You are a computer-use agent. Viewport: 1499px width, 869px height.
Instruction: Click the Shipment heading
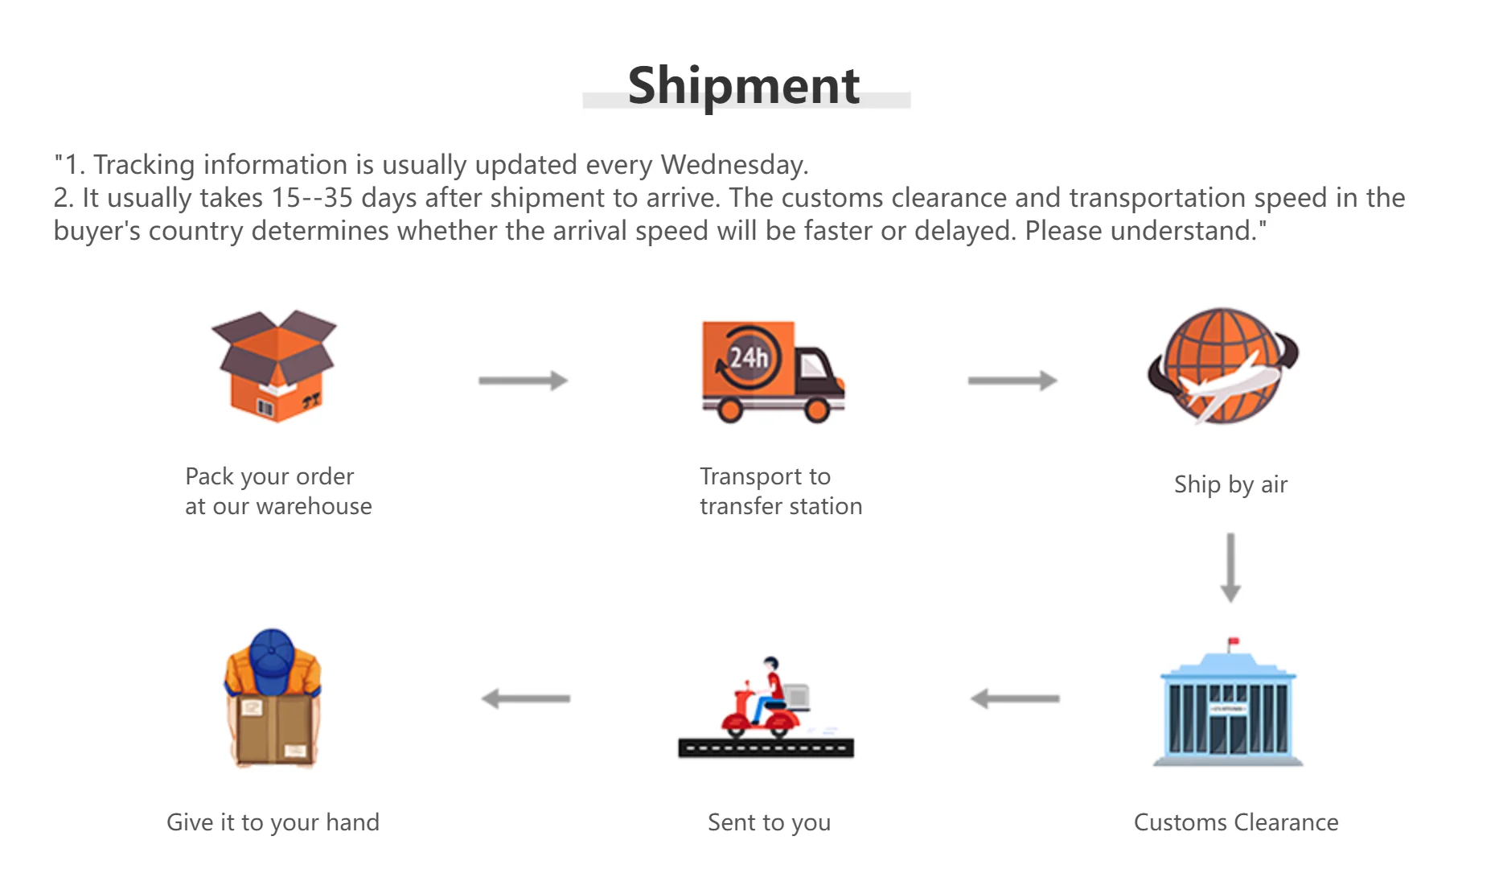click(x=744, y=86)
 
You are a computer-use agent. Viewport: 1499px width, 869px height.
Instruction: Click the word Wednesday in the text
click(x=733, y=165)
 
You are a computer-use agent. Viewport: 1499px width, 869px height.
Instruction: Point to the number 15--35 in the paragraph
click(x=312, y=198)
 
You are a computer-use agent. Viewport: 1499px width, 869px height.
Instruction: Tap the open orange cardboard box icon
click(x=275, y=366)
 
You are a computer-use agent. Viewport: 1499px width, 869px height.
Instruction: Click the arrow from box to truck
click(x=524, y=381)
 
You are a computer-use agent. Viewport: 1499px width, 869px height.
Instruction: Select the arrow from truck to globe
click(x=1012, y=381)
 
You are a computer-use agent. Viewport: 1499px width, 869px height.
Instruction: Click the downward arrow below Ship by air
click(x=1230, y=567)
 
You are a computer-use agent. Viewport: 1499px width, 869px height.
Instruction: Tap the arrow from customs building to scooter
click(x=1015, y=698)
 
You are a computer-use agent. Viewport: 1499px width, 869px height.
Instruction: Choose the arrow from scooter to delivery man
click(x=526, y=698)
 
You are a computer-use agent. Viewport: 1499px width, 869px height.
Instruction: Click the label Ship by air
click(x=1230, y=484)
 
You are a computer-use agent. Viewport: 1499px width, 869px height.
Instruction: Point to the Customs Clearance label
click(x=1236, y=822)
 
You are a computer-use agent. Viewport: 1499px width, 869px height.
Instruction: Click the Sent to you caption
click(x=769, y=822)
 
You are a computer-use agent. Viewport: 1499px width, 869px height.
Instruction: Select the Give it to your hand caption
click(x=273, y=822)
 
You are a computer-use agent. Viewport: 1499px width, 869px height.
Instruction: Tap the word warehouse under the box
click(x=314, y=507)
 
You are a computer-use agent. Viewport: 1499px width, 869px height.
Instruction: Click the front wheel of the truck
click(x=817, y=410)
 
